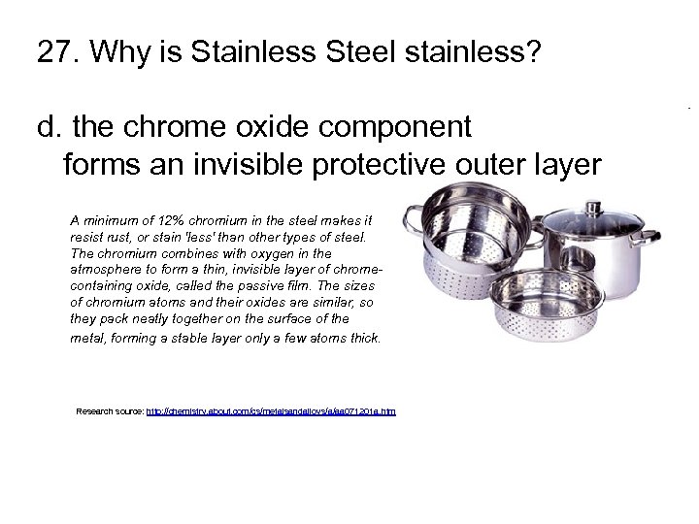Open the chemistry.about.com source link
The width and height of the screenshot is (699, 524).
(271, 411)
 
